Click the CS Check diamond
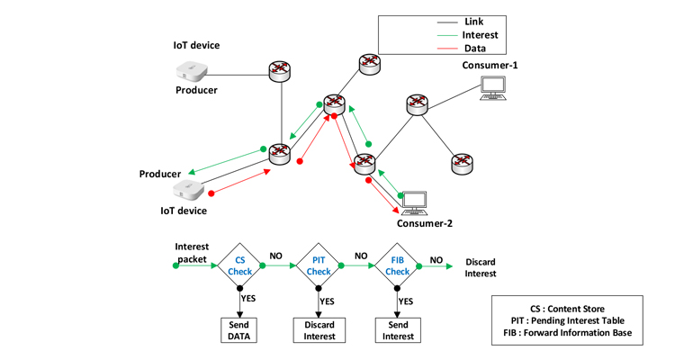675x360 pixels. [x=240, y=265]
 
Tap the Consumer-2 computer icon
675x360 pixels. [x=415, y=201]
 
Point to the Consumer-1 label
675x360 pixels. [x=490, y=66]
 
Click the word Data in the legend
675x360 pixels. [x=475, y=49]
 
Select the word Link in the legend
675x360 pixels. [x=474, y=21]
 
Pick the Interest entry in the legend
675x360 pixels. [x=481, y=35]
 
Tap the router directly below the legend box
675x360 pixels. [x=369, y=63]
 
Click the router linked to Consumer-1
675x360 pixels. [x=416, y=104]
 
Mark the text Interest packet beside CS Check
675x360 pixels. [x=192, y=253]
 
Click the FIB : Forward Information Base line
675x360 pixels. [x=567, y=334]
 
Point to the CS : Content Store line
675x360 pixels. [x=567, y=309]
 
